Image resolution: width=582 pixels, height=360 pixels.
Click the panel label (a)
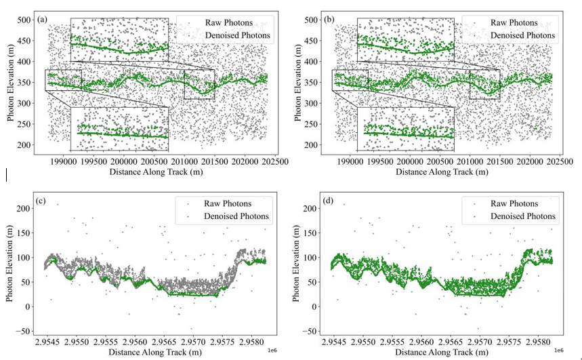tap(42, 19)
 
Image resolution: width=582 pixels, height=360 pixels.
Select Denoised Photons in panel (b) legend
tap(522, 35)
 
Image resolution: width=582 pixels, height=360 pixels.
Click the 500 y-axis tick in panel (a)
tap(25, 20)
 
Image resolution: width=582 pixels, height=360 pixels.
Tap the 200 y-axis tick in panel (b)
tap(312, 146)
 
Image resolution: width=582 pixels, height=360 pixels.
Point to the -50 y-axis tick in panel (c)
tap(24, 331)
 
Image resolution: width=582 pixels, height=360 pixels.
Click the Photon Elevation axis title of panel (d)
tap(298, 264)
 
